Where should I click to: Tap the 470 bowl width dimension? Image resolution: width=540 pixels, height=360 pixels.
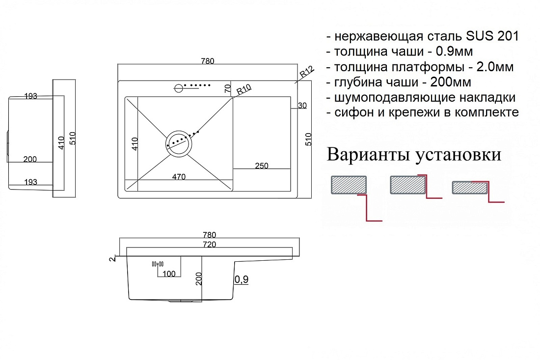point(179,177)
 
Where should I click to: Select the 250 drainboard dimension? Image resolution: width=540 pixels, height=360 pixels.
point(261,166)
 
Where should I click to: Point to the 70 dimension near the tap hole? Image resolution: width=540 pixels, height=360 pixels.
point(228,88)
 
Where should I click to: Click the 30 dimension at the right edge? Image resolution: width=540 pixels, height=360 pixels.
point(302,106)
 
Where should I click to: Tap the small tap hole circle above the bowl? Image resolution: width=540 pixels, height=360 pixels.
point(179,88)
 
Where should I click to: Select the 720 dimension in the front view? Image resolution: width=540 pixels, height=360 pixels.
point(210,244)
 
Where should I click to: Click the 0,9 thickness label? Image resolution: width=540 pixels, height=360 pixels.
point(242,279)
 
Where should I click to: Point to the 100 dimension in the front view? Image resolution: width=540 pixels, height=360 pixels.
point(169,274)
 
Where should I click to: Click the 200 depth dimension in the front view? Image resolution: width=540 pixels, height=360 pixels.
point(199,278)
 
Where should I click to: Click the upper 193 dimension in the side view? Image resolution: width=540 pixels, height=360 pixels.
point(30,96)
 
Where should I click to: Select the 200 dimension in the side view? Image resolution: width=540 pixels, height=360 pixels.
point(30,159)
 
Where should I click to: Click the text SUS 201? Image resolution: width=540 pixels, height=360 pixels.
point(492,36)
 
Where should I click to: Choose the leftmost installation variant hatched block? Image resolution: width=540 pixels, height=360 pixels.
point(349,185)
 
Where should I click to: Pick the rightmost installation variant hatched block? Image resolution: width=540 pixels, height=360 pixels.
point(470,188)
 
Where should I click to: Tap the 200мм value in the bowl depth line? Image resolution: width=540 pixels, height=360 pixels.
point(451,82)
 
